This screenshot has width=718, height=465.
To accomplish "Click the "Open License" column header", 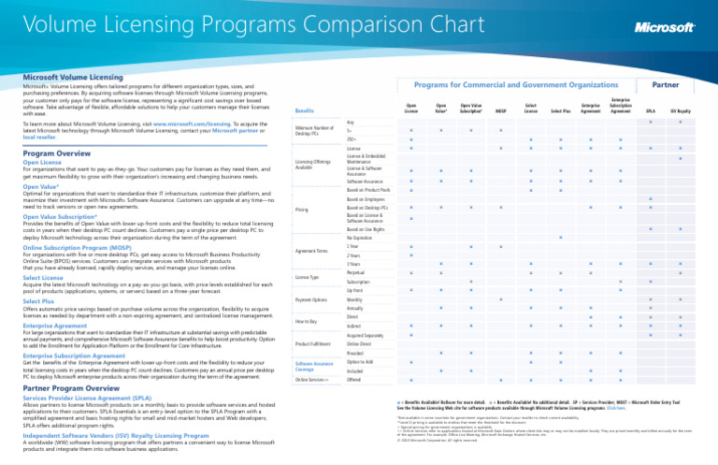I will (410, 109).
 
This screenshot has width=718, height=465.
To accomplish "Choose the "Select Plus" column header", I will (560, 110).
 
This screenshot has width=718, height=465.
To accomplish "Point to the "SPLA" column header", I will (650, 110).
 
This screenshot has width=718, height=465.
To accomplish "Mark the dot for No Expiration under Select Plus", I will (560, 211).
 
